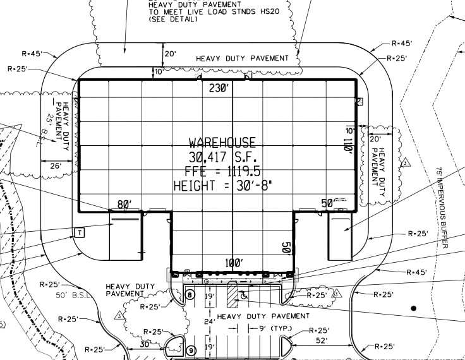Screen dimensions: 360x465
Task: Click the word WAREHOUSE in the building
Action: click(x=222, y=143)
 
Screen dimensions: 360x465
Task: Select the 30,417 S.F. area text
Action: click(x=222, y=157)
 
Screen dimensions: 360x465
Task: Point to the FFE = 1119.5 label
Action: click(x=222, y=171)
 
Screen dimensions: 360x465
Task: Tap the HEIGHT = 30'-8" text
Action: click(x=222, y=186)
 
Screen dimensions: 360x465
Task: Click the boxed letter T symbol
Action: click(x=80, y=232)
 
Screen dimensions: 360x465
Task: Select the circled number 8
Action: click(x=190, y=295)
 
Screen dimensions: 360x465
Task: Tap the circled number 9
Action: click(x=190, y=351)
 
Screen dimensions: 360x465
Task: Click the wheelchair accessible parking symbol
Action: click(x=244, y=294)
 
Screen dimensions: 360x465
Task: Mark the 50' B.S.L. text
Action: click(x=73, y=296)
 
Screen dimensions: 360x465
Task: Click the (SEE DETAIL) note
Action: click(x=173, y=20)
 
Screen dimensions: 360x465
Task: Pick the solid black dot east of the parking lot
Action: click(x=414, y=308)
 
